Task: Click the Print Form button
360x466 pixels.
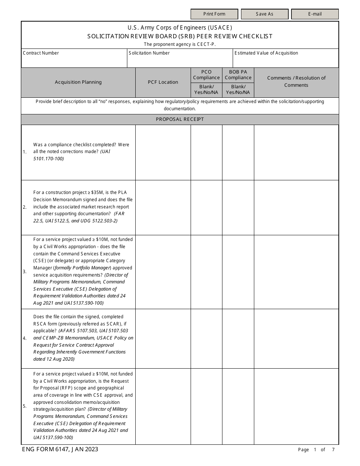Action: (x=214, y=14)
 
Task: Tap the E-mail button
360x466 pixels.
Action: (x=315, y=14)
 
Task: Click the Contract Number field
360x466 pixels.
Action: (x=74, y=61)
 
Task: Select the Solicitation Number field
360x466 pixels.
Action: (x=180, y=61)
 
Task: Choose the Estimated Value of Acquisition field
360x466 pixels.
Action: (x=285, y=61)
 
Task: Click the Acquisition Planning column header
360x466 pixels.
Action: (x=78, y=82)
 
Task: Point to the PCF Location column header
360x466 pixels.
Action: (x=163, y=82)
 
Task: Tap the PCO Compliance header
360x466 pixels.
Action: (x=207, y=75)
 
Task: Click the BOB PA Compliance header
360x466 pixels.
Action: (x=238, y=75)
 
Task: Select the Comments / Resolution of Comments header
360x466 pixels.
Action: (x=296, y=81)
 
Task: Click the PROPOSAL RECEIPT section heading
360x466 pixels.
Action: (x=180, y=119)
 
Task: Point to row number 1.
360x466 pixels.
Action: (x=25, y=152)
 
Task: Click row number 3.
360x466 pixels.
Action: (x=25, y=272)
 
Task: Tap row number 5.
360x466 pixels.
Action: (x=25, y=406)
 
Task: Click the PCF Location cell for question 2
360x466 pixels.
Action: (x=163, y=207)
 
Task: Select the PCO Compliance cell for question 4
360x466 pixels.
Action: (x=207, y=338)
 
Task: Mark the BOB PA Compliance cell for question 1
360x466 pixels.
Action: (x=238, y=152)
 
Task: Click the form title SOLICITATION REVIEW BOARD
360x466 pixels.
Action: (x=180, y=36)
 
